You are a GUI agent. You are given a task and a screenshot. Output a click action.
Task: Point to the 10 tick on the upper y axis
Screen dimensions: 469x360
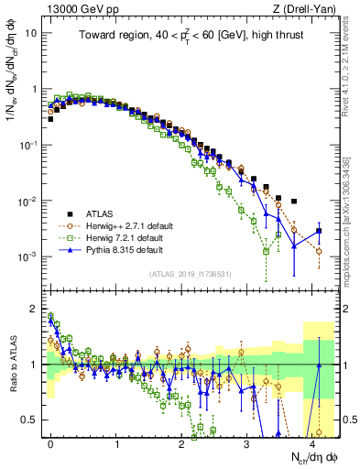pos(32,33)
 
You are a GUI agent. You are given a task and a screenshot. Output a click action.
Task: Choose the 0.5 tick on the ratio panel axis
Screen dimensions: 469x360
pos(32,420)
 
